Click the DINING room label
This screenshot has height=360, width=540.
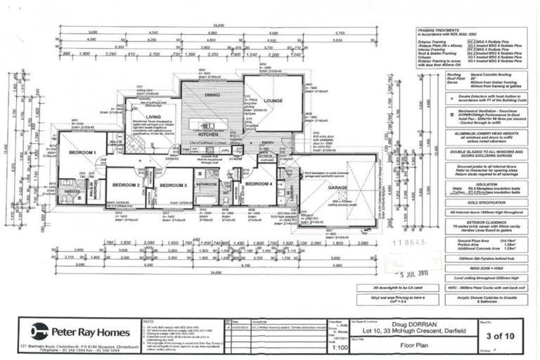pyautogui.click(x=212, y=95)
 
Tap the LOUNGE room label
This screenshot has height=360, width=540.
pyautogui.click(x=273, y=101)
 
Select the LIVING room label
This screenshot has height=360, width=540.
pyautogui.click(x=155, y=117)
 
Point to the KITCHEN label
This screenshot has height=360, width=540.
pyautogui.click(x=209, y=133)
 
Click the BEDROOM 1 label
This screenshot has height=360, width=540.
pyautogui.click(x=82, y=153)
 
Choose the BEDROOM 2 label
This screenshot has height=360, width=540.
pyautogui.click(x=127, y=185)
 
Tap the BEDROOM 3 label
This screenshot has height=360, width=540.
pyautogui.click(x=173, y=185)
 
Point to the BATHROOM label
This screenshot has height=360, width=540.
pyautogui.click(x=207, y=184)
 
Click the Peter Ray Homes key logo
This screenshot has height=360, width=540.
pyautogui.click(x=39, y=329)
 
